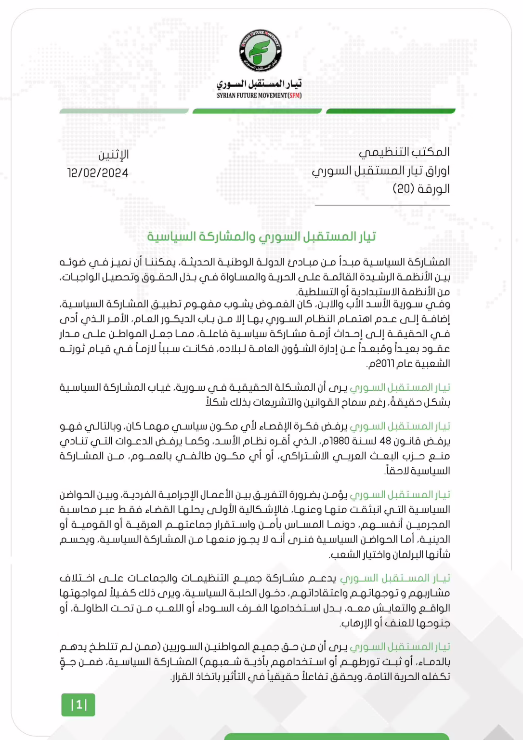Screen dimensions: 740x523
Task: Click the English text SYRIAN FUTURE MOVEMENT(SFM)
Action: [259, 95]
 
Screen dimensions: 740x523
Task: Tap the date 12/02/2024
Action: [98, 173]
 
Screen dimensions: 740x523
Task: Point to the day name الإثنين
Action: [114, 155]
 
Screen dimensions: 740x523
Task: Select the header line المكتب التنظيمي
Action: [404, 152]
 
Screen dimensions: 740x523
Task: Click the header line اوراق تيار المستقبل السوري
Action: [380, 171]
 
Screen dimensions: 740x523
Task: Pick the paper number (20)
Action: [404, 189]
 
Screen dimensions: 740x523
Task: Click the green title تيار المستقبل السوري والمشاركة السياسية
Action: [261, 237]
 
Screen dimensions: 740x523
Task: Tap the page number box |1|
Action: [78, 705]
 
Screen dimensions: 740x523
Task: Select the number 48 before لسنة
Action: [385, 441]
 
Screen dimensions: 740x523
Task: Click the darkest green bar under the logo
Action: [391, 111]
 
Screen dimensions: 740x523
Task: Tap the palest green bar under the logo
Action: [124, 111]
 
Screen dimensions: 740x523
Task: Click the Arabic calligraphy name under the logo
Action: [259, 84]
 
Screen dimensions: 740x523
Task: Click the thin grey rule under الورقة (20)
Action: [382, 205]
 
